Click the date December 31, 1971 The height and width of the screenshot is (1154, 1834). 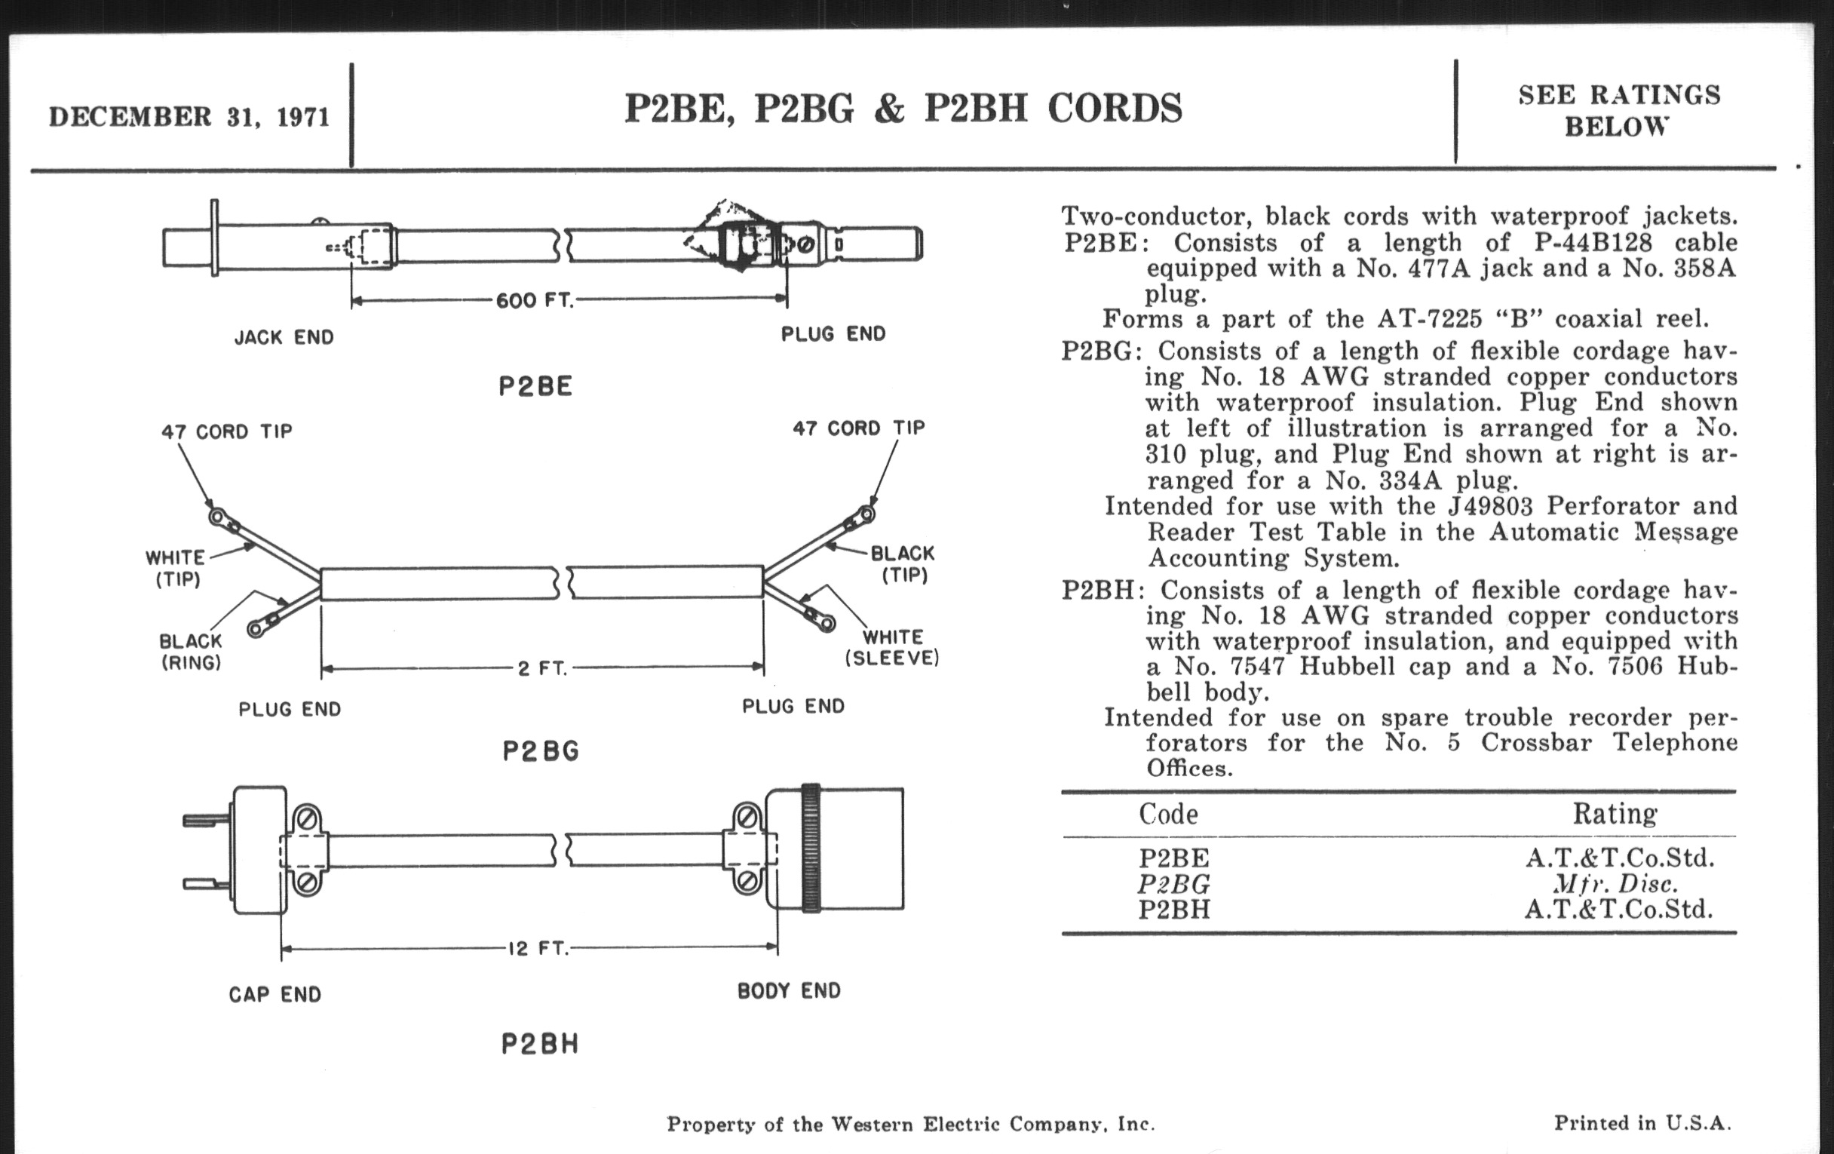tap(189, 118)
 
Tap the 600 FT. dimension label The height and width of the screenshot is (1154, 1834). tap(534, 301)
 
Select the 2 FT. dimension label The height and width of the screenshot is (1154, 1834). tap(542, 668)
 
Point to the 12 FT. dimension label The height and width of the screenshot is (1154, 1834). tap(538, 948)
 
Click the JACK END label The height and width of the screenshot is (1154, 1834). tap(284, 337)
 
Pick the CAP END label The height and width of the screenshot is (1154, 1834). tap(275, 995)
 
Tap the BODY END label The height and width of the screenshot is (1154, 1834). tap(789, 991)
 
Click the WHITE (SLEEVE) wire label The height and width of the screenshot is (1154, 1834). tap(892, 646)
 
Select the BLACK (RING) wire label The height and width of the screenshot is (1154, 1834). tap(190, 652)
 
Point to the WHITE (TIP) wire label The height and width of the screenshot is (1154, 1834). tap(176, 568)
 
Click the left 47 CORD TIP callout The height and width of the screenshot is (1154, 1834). tap(227, 432)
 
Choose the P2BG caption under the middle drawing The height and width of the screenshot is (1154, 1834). tap(541, 752)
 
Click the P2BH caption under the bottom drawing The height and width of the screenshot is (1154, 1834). tap(540, 1044)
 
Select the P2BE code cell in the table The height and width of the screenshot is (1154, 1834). tap(1173, 858)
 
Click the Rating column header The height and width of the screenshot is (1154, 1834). tap(1615, 815)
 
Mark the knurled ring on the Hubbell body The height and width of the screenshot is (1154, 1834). tap(811, 848)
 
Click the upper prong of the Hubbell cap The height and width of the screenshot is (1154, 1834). tap(207, 821)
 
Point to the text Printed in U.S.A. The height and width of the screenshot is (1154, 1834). tap(1642, 1124)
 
